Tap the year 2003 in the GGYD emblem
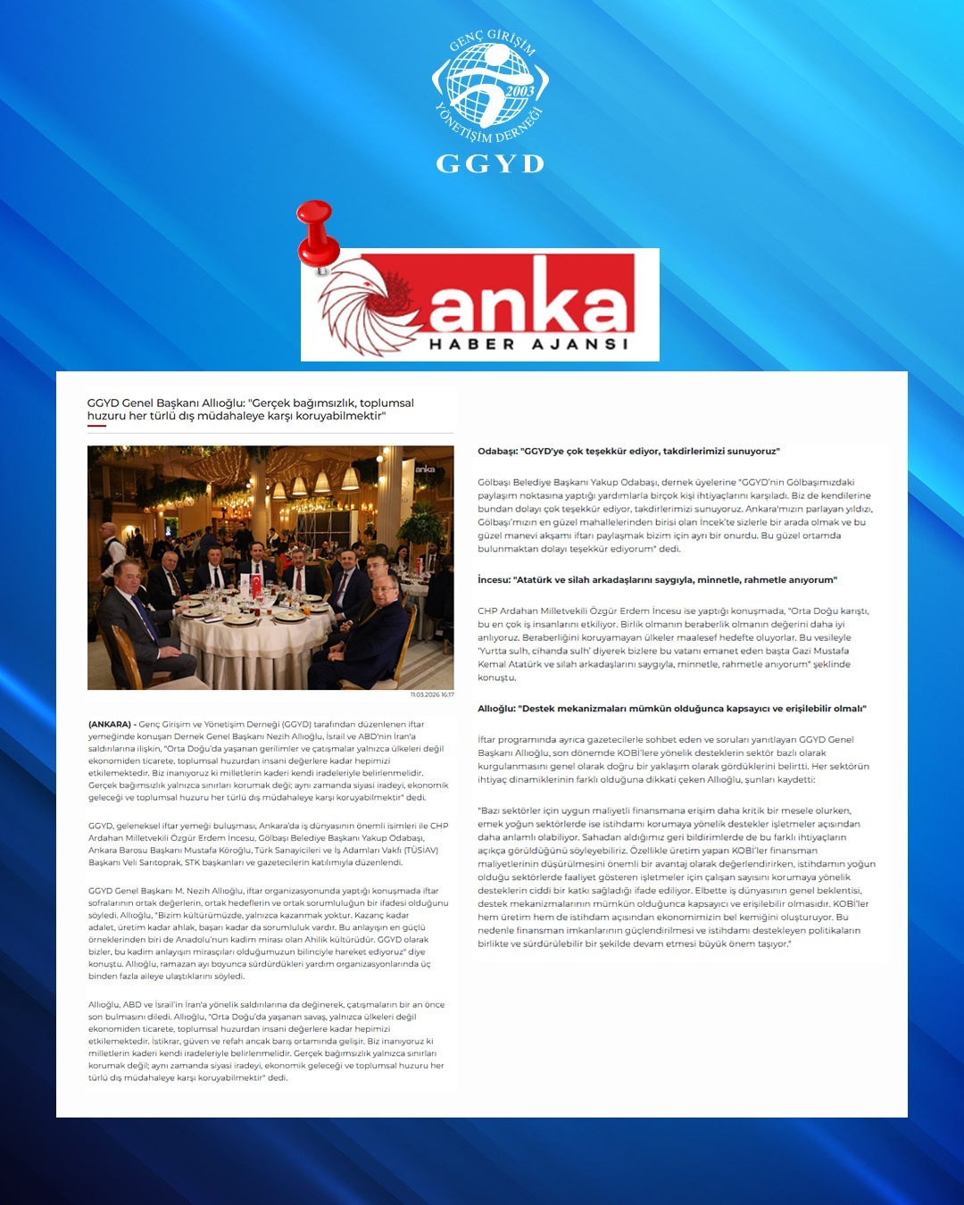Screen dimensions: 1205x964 tap(519, 91)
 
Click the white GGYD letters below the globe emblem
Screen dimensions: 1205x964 tap(489, 163)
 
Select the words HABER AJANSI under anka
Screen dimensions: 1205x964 tap(529, 344)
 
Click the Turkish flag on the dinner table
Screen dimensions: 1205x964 tap(257, 585)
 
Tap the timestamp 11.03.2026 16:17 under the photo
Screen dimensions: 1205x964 tap(432, 694)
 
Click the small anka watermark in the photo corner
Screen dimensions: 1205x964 tap(425, 469)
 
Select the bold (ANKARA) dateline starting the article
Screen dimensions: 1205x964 tap(110, 725)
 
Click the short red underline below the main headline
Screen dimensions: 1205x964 tap(96, 426)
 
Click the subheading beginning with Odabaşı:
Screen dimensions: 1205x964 tap(628, 452)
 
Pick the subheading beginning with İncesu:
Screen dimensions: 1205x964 tap(657, 580)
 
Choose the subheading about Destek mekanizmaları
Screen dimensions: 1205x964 tap(671, 709)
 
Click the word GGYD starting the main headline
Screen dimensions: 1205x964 tap(102, 403)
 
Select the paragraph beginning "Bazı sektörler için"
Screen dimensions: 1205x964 tap(676, 877)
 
